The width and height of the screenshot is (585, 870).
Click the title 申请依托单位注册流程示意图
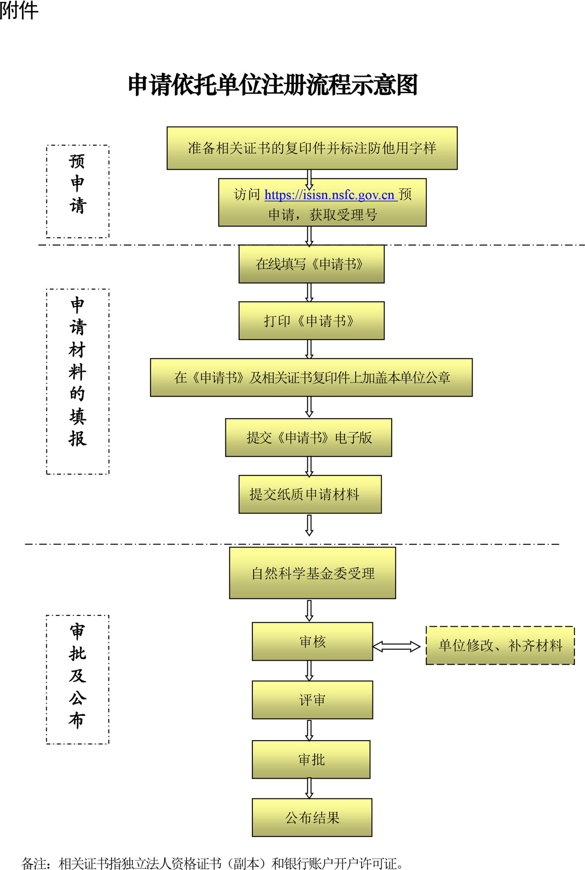pos(273,85)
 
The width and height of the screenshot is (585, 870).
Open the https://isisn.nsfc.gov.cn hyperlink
pos(330,195)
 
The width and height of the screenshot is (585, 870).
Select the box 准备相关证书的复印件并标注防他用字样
pos(312,148)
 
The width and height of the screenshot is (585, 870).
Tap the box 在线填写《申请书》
pos(311,264)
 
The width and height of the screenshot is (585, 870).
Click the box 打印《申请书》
pos(311,320)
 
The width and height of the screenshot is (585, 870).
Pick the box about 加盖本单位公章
pos(311,377)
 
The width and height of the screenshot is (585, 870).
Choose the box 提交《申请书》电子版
pos(308,438)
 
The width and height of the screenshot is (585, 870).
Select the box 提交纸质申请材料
pos(310,494)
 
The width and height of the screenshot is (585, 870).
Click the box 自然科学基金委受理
pos(312,573)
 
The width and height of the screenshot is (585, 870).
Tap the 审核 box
pos(312,641)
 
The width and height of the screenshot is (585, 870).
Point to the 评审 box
pos(312,700)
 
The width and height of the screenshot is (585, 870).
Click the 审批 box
pos(311,759)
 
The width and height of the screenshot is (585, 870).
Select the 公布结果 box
pos(312,817)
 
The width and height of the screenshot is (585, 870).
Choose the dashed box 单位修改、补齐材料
pos(500,645)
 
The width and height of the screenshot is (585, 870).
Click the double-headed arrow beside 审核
pos(396,646)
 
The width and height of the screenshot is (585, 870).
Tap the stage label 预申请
pos(78,184)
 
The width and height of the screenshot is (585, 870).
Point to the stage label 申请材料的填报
pos(78,371)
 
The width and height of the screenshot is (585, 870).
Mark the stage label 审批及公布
pos(78,676)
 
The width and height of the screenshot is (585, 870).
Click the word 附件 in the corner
pos(19,10)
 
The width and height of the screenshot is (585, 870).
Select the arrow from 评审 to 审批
pos(309,730)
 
